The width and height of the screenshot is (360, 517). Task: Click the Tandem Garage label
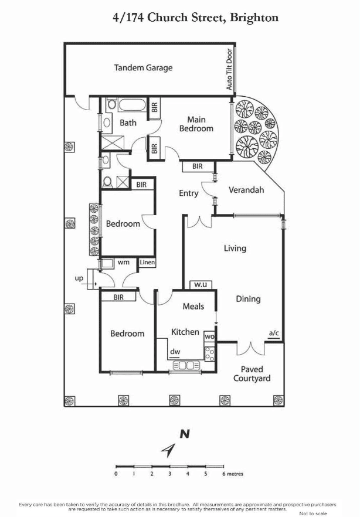click(x=143, y=68)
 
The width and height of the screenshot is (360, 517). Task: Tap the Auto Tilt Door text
click(x=229, y=70)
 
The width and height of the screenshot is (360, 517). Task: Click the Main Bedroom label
click(x=196, y=124)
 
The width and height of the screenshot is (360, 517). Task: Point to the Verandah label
click(x=246, y=190)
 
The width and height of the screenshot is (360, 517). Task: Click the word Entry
click(x=189, y=193)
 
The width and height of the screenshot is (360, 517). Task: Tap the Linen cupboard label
click(x=147, y=263)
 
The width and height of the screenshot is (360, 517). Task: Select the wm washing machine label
click(x=123, y=263)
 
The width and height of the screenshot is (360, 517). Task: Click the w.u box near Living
click(x=201, y=285)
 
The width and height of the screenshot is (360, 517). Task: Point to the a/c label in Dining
click(x=274, y=333)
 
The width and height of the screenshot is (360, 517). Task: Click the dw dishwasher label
click(x=175, y=352)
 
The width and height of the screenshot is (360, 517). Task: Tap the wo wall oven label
click(x=210, y=336)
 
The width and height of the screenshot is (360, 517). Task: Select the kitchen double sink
click(x=186, y=365)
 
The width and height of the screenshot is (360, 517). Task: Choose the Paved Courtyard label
click(x=252, y=374)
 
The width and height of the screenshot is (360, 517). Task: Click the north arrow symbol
click(x=168, y=450)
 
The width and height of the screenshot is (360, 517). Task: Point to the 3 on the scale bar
click(x=170, y=474)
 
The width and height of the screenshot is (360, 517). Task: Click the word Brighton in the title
click(x=254, y=18)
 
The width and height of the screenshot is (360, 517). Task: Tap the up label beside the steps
click(x=79, y=278)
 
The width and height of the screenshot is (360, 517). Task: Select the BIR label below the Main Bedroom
click(x=198, y=166)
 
